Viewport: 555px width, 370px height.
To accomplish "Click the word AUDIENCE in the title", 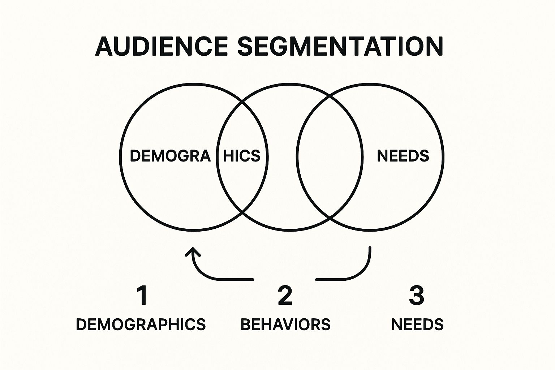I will (162, 46).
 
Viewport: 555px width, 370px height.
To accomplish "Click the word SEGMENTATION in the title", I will (340, 46).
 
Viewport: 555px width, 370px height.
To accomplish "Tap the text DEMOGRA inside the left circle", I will (170, 156).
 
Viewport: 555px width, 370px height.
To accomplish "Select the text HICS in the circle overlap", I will (242, 156).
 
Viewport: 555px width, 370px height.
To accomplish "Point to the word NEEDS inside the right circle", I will (403, 156).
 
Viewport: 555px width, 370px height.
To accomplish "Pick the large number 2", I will (285, 295).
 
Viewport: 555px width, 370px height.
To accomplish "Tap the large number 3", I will (416, 295).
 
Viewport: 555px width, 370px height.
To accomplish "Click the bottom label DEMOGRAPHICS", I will (141, 324).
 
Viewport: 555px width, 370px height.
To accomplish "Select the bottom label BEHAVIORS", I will (285, 324).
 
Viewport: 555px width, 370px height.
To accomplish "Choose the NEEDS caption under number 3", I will (417, 324).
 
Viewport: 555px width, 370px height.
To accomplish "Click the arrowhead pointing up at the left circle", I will (193, 250).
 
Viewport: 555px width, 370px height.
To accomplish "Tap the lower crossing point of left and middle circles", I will (242, 213).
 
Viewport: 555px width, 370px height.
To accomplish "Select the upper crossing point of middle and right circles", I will (330, 96).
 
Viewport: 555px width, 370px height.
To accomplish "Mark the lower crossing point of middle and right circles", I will (330, 218).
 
